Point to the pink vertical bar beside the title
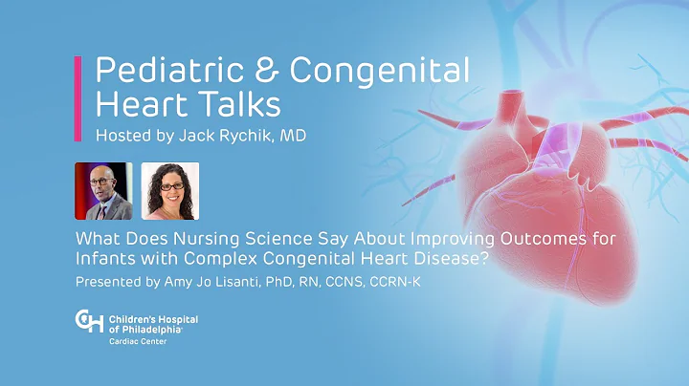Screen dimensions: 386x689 pos(78,99)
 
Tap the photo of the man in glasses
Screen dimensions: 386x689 pos(103,191)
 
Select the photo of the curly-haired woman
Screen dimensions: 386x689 pos(169,191)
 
